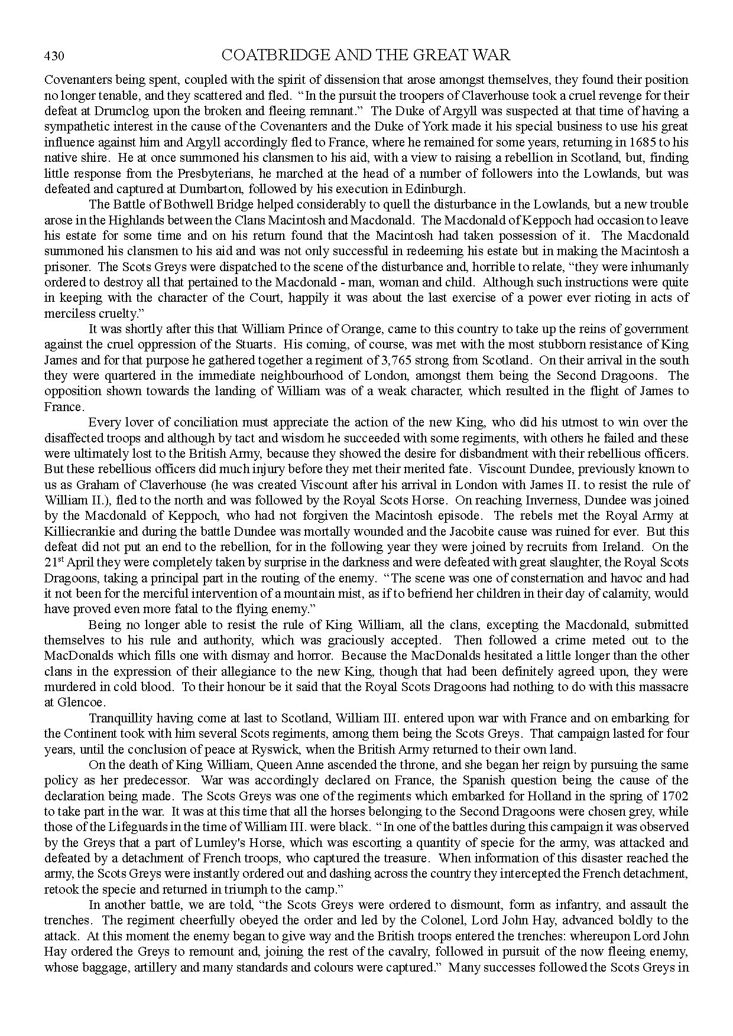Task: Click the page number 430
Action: [x=54, y=57]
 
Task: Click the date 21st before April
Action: [x=54, y=562]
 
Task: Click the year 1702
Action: [x=674, y=796]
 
